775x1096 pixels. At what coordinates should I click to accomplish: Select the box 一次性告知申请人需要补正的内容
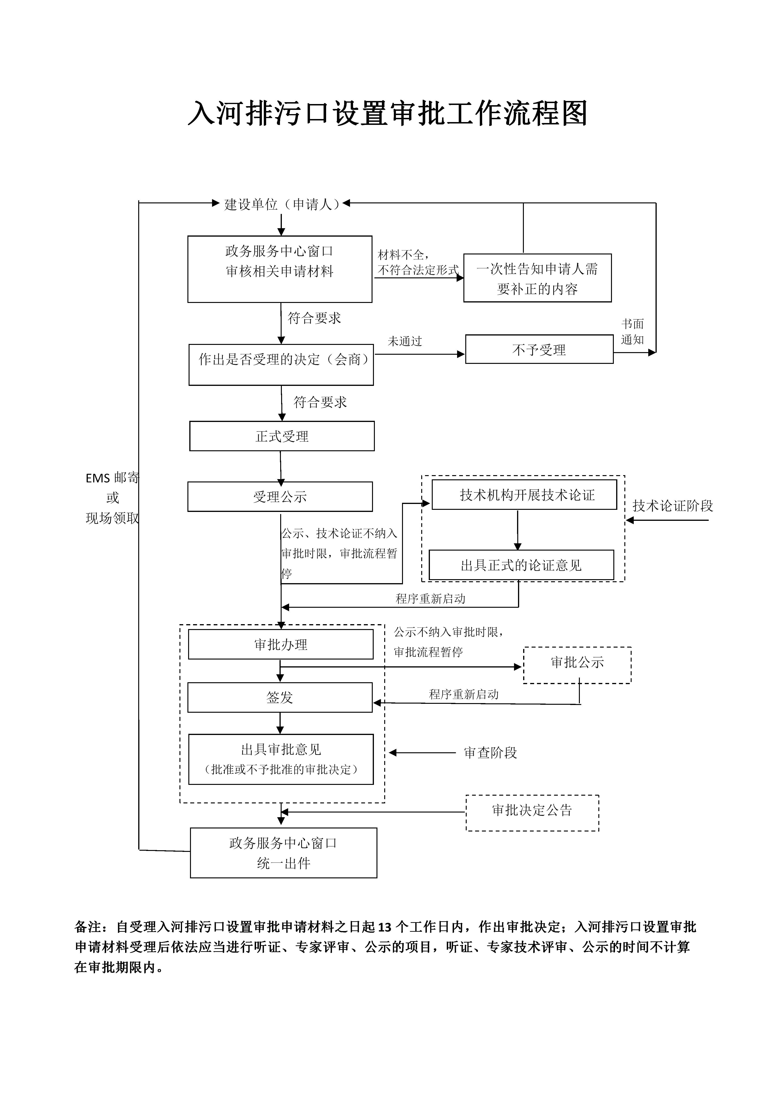(x=537, y=278)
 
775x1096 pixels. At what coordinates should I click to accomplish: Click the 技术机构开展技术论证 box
(x=524, y=495)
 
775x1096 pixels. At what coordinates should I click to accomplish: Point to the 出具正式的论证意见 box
(x=521, y=565)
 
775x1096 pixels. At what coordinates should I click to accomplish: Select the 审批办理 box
(x=281, y=645)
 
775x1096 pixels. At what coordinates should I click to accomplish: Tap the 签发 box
(x=280, y=697)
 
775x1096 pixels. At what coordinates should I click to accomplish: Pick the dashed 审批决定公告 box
(x=532, y=810)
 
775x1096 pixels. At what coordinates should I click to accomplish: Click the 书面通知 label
(x=632, y=332)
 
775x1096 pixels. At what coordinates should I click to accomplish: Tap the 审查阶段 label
(x=490, y=753)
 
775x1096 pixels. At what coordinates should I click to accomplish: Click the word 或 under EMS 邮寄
(x=113, y=498)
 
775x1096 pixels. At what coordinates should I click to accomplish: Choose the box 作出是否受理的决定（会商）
(x=281, y=365)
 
